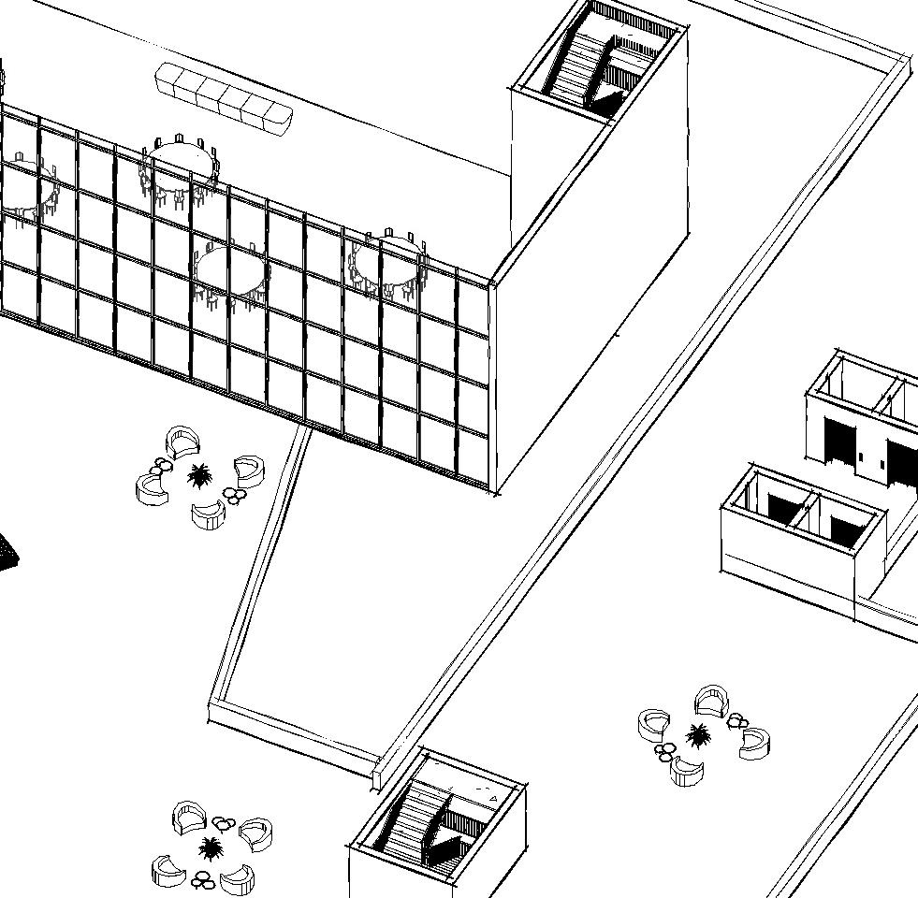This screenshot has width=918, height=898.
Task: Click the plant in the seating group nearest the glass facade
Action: tap(199, 476)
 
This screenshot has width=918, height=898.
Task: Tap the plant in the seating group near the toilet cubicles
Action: tap(698, 736)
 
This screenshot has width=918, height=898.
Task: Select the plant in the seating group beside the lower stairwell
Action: tap(211, 849)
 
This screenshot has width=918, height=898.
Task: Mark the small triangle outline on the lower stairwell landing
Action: tap(493, 799)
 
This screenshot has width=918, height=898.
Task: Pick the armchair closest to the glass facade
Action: tap(183, 441)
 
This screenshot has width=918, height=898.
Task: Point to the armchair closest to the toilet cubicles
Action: tap(712, 699)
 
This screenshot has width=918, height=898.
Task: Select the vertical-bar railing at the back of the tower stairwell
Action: tap(633, 19)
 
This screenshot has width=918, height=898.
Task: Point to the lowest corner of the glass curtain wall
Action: tap(494, 492)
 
